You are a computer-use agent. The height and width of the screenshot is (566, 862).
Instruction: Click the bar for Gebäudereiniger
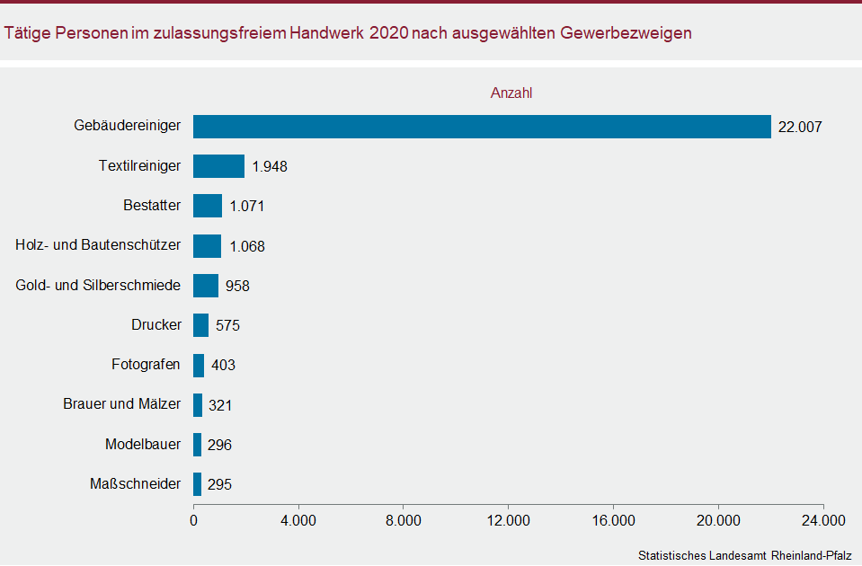tap(482, 127)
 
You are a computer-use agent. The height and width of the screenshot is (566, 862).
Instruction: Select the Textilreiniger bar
tap(219, 166)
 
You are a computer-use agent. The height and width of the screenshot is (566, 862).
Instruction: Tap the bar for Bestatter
tap(208, 206)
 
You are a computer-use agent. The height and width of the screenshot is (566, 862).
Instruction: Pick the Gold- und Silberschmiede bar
tap(206, 286)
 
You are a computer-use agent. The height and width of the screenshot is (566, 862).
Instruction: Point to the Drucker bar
tap(201, 325)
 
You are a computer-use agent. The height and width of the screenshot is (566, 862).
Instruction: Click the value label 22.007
tap(800, 128)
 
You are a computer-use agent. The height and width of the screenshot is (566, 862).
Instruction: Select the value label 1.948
tap(270, 167)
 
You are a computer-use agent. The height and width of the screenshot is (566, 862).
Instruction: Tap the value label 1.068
tap(247, 246)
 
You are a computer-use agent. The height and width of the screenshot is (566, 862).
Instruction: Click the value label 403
tap(223, 366)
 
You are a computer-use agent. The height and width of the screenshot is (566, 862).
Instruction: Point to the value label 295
tap(220, 484)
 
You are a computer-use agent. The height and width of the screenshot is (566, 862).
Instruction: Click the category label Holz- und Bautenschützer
tap(98, 244)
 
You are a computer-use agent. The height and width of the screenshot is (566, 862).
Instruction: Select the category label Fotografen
tap(146, 365)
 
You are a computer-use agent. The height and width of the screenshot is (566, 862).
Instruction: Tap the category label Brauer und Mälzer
tap(121, 404)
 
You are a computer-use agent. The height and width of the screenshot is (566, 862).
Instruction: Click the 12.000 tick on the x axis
tap(509, 521)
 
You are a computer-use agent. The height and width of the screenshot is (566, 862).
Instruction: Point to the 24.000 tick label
tap(823, 521)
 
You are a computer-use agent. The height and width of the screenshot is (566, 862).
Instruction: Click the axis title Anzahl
tap(511, 93)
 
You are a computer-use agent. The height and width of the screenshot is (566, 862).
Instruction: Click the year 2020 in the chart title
tap(387, 33)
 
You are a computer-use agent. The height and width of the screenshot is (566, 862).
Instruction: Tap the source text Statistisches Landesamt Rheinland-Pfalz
tap(744, 555)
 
